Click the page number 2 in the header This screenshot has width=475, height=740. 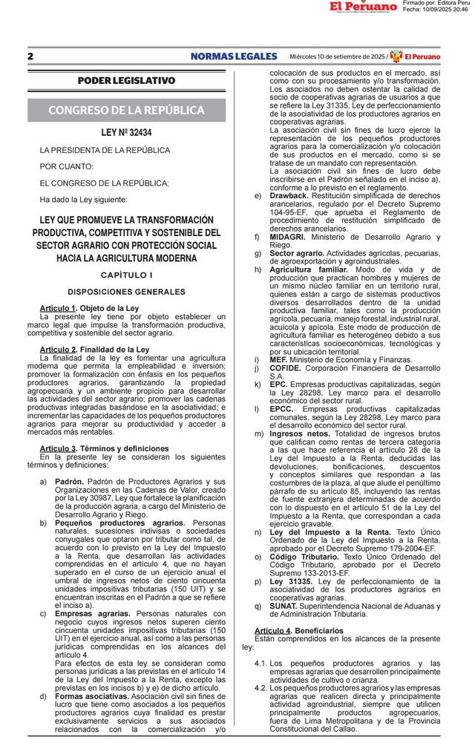(x=30, y=56)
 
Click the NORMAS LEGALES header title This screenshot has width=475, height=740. (x=233, y=56)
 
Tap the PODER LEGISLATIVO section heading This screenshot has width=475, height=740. (x=126, y=80)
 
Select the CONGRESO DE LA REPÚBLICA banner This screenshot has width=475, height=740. (x=126, y=110)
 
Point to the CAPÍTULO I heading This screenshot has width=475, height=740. (x=126, y=275)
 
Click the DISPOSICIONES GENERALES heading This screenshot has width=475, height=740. (x=126, y=292)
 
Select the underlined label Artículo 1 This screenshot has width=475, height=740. (x=58, y=307)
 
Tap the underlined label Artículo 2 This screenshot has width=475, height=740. (x=58, y=349)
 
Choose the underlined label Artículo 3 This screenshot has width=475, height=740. (x=58, y=450)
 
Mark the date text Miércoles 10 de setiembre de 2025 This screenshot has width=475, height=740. (x=337, y=56)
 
